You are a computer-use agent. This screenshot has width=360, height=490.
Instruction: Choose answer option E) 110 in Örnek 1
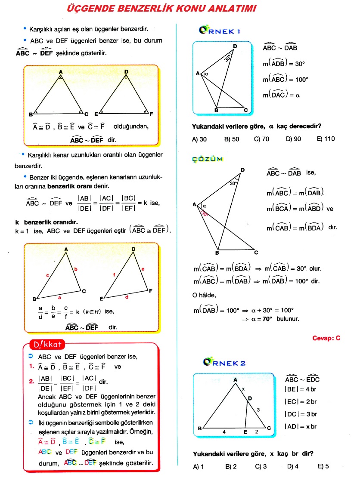pyautogui.click(x=326, y=139)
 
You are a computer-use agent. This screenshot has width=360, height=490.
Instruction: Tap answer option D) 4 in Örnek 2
pyautogui.click(x=293, y=466)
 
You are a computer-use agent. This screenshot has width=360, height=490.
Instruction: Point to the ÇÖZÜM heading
pyautogui.click(x=208, y=159)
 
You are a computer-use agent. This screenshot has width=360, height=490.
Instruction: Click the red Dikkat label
pyautogui.click(x=47, y=345)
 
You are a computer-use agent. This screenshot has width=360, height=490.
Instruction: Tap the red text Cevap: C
pyautogui.click(x=326, y=338)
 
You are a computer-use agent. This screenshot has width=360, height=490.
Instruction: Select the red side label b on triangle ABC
pyautogui.click(x=76, y=270)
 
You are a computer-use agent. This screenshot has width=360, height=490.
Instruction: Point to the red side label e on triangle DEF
pyautogui.click(x=143, y=269)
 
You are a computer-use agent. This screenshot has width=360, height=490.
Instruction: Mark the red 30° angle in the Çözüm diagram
pyautogui.click(x=204, y=213)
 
